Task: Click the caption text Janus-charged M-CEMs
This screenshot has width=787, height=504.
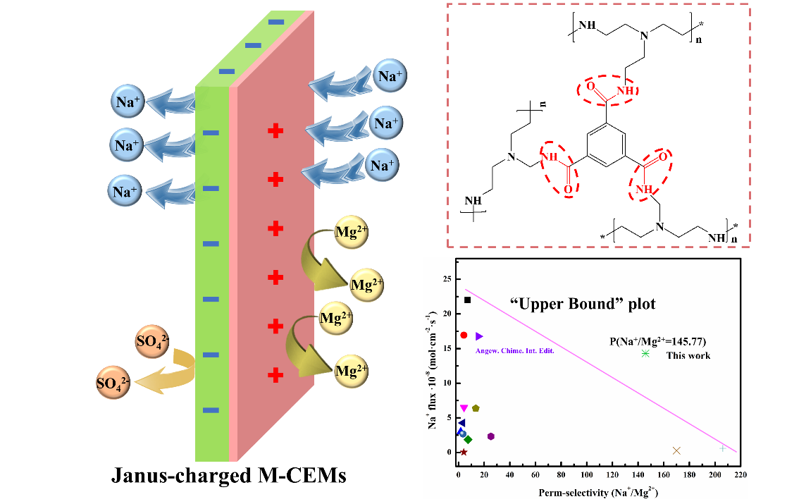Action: click(229, 476)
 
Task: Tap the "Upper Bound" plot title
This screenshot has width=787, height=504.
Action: click(582, 305)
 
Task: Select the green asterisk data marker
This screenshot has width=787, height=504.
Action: click(645, 353)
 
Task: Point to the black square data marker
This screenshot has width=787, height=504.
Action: click(467, 300)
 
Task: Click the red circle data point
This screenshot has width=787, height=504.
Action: click(464, 335)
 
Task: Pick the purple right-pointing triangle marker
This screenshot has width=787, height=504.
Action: click(479, 336)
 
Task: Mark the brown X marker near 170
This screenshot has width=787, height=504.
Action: click(676, 450)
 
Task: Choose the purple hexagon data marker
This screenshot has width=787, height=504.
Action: click(491, 436)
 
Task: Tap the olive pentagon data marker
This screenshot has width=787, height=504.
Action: click(476, 408)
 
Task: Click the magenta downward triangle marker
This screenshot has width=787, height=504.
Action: click(464, 408)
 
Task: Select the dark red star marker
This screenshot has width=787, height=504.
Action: click(464, 452)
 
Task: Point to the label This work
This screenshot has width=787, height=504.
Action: click(688, 355)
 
